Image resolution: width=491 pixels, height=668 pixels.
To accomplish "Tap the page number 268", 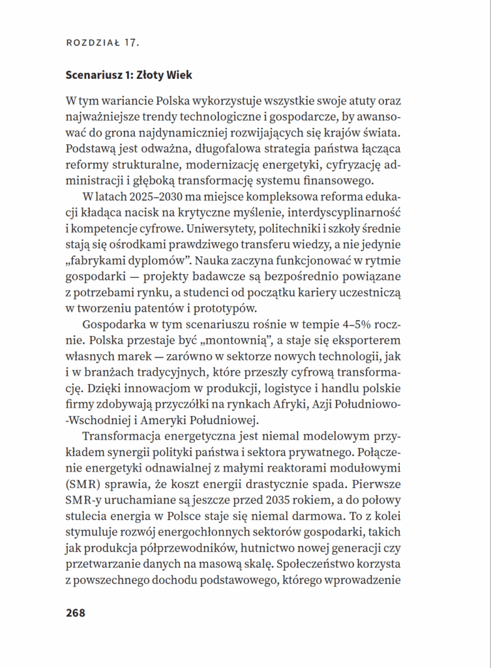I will click(x=76, y=613).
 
